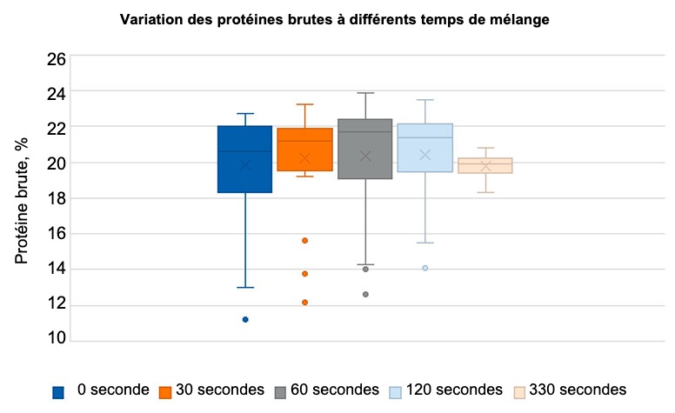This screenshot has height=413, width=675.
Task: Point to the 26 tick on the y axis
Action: (x=56, y=59)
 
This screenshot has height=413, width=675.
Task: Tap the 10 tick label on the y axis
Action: (x=56, y=339)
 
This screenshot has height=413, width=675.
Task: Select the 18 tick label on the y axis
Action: (x=56, y=198)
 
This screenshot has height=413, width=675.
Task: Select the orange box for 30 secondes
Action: (x=304, y=150)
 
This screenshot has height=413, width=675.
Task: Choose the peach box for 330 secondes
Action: (x=485, y=165)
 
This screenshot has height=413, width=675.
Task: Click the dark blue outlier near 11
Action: (x=245, y=319)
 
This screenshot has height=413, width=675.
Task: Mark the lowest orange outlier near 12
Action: (x=305, y=303)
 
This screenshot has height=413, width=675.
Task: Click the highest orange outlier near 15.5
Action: (x=305, y=240)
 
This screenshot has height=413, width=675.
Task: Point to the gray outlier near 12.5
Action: (x=365, y=295)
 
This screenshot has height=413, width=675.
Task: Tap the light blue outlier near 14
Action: (x=425, y=268)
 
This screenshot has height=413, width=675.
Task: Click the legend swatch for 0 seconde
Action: (x=58, y=391)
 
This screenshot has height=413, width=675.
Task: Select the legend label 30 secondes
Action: (x=219, y=390)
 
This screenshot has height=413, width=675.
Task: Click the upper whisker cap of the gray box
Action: (x=364, y=93)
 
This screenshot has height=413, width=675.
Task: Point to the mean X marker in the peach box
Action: (x=485, y=166)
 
